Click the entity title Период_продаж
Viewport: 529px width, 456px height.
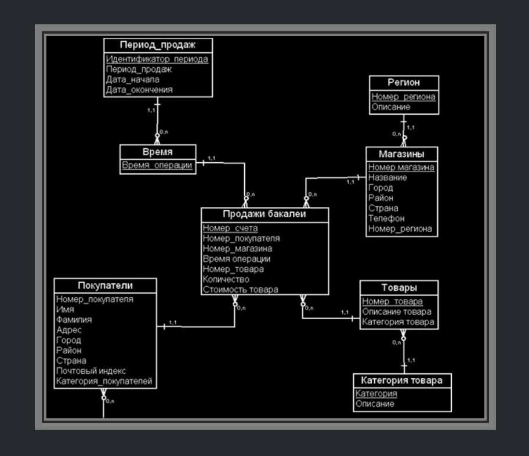[x=158, y=45]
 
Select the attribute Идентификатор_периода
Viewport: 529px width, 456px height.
[x=157, y=59]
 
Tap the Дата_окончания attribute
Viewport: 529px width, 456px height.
[x=139, y=90]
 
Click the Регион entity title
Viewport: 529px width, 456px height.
[x=404, y=83]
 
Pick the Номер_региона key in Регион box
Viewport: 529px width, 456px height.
[x=403, y=97]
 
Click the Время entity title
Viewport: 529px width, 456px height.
[x=158, y=152]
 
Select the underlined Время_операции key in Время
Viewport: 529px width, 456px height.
[x=157, y=165]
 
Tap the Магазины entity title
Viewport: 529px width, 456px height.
[x=401, y=154]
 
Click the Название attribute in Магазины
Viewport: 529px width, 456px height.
[x=387, y=178]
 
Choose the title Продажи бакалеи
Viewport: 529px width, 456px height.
[x=264, y=214]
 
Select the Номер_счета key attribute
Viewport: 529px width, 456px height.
[x=230, y=228]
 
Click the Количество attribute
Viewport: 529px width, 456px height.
[x=226, y=279]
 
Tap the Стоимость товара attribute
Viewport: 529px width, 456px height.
[x=240, y=289]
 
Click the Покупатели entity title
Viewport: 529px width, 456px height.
[x=105, y=285]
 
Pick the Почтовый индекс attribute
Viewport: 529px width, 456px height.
[x=91, y=371]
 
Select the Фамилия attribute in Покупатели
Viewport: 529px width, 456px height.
[x=74, y=319]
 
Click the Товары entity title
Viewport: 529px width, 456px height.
[x=399, y=287]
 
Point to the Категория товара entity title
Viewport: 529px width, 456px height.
[x=401, y=381]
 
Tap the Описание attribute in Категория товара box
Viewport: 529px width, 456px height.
[x=375, y=404]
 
